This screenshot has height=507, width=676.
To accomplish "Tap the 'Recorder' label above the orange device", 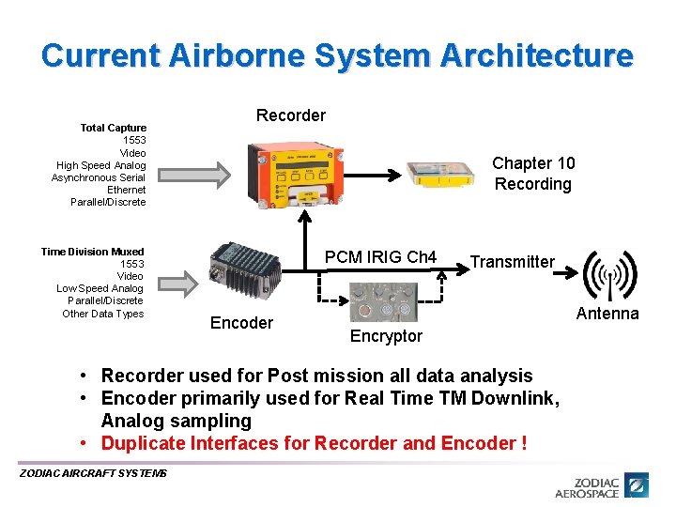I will coord(291,115).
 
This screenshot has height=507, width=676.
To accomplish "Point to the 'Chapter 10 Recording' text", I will coord(532,174).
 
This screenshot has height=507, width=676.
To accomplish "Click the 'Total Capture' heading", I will coord(113,128).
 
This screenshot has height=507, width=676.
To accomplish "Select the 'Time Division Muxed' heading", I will coord(92,252).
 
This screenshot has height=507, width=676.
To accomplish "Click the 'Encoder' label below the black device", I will coord(241,323).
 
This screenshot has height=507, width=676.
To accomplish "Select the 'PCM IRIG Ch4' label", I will coord(380,257).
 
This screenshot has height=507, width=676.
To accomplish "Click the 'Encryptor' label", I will coord(386,336).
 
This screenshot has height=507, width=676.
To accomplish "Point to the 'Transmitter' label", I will coord(512,262).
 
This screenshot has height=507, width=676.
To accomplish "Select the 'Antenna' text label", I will coord(607,314).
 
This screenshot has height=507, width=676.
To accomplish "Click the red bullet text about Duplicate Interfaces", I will coord(314,443).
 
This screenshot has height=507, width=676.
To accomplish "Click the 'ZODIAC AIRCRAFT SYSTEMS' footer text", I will coord(93,473).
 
